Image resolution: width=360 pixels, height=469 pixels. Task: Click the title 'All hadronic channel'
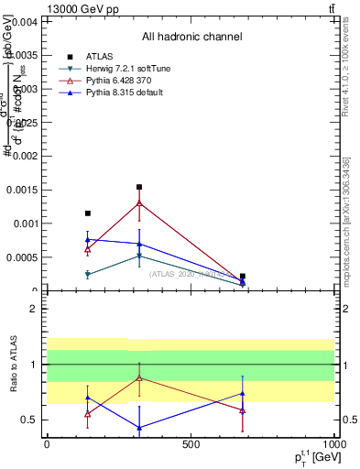(191, 37)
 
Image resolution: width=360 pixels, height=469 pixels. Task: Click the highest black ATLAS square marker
(139, 187)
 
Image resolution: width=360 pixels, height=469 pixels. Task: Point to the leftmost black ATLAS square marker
(88, 213)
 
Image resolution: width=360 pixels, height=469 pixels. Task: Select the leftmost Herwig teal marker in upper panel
(88, 274)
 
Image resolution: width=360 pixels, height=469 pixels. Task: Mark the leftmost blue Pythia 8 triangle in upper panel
(88, 239)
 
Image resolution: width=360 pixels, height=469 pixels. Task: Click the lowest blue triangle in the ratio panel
(139, 428)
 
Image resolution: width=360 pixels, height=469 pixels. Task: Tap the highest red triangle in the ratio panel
(139, 377)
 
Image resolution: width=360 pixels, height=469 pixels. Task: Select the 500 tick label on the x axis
(191, 444)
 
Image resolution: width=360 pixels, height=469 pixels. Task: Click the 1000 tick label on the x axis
(333, 444)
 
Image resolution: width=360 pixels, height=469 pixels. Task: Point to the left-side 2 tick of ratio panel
(34, 309)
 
